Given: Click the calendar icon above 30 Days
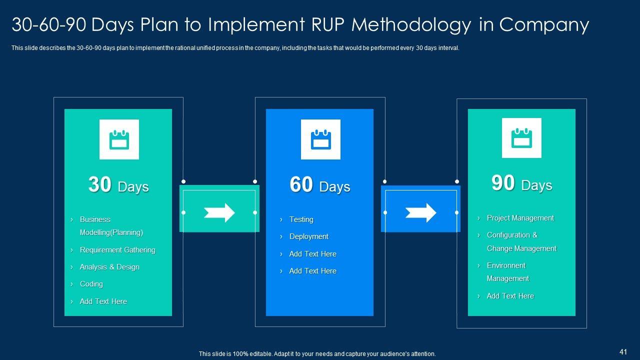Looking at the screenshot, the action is tap(119, 139).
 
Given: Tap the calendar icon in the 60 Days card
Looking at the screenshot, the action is tap(320, 139).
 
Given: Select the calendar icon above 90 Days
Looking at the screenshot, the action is tap(521, 138).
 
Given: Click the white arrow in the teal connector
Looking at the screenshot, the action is tap(219, 212).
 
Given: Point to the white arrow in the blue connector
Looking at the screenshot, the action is tap(421, 212).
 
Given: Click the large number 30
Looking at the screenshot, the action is tap(99, 184).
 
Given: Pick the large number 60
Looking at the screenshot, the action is tap(301, 184).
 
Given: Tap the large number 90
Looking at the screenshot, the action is tap(503, 183).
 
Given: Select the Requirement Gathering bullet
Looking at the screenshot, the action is tap(117, 250).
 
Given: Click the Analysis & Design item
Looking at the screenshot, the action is tap(109, 267).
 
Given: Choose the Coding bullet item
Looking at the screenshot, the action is tap(91, 284).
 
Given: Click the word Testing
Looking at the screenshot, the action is tap(301, 219).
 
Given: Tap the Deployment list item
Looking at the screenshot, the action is tap(309, 236).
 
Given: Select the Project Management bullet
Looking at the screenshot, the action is tap(520, 218).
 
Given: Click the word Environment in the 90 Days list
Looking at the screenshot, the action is tap(506, 265).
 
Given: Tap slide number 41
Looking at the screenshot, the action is tap(623, 352).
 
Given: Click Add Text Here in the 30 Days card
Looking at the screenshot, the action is tap(103, 301).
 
